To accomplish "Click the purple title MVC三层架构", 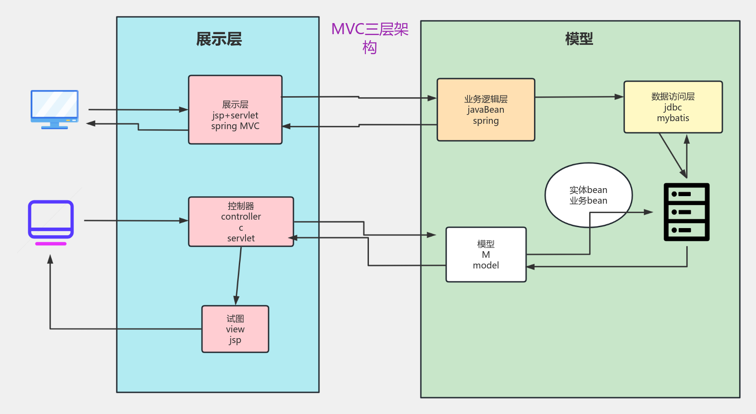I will [370, 37].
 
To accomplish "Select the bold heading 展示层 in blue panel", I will [219, 39].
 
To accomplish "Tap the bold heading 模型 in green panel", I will [579, 39].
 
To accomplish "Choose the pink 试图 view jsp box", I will [235, 329].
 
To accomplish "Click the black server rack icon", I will [686, 212].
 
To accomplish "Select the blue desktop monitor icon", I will [55, 109].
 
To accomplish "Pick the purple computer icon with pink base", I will [51, 222].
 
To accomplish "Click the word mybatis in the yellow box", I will [673, 118].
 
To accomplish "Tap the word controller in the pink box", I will [241, 217].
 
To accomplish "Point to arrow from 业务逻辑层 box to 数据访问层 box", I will [579, 97].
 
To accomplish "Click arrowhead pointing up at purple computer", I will [50, 259].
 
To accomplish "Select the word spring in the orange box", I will [486, 121].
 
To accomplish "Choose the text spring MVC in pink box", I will [235, 126].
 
